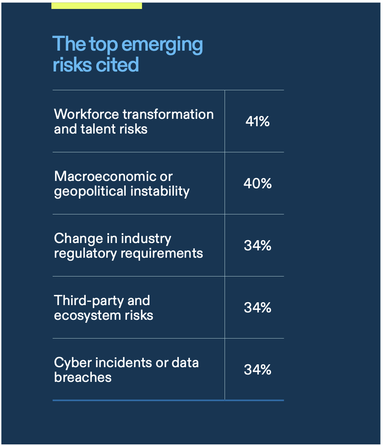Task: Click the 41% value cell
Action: click(258, 122)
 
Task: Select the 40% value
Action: click(258, 184)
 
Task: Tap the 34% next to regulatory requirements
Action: click(258, 246)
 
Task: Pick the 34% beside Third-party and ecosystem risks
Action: click(258, 308)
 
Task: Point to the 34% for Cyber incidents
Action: click(258, 370)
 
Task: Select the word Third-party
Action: click(83, 301)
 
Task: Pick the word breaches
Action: click(83, 377)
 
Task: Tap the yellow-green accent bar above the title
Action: click(96, 5)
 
